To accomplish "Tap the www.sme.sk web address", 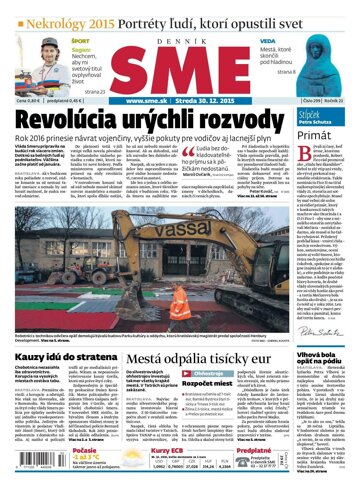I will pos(147,99).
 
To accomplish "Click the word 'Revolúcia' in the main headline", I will pos(71,121).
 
